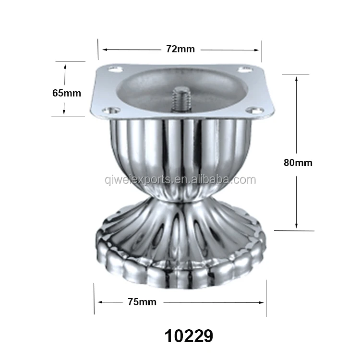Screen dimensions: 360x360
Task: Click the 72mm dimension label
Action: pos(180,49)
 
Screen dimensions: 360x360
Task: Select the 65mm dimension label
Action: pos(67,93)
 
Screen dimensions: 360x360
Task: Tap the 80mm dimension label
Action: pos(298,163)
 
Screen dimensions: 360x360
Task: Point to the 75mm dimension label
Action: pos(142,302)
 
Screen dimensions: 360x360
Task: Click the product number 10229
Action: pos(189,336)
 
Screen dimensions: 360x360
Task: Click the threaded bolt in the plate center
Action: pos(181,99)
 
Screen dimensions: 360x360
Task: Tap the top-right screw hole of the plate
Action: pos(245,69)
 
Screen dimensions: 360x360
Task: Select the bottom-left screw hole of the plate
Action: pos(111,110)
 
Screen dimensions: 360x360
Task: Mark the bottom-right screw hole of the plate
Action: pos(254,110)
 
